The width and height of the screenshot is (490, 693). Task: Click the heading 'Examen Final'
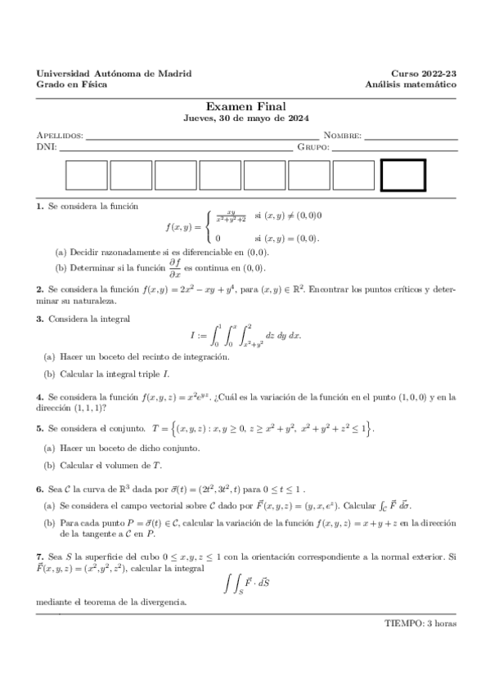[x=245, y=106]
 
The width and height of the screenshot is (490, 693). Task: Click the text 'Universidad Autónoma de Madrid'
[x=115, y=74]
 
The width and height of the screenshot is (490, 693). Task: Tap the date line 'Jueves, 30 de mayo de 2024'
[x=245, y=118]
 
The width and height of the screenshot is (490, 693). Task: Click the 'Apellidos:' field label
[x=61, y=135]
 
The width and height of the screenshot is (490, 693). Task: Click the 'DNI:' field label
[x=46, y=147]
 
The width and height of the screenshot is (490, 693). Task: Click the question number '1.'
[x=40, y=208]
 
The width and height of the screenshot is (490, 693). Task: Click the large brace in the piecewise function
[x=209, y=226]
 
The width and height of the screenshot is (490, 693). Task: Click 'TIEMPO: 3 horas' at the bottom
[x=420, y=623]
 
